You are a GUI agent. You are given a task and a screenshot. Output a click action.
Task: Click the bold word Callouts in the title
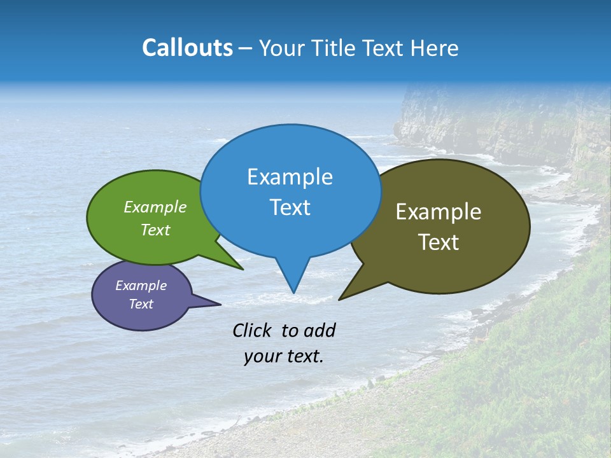187,48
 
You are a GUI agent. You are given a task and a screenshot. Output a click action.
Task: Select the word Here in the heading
435,48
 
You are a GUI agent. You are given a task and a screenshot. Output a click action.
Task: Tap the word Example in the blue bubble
290,177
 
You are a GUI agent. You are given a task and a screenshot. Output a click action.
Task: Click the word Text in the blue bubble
290,207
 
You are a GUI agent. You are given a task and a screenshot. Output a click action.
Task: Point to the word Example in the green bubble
155,207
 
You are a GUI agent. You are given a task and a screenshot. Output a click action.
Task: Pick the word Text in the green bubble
155,230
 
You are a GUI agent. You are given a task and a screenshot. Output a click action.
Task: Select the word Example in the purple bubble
141,286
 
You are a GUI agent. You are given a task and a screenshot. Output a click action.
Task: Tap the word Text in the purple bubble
141,304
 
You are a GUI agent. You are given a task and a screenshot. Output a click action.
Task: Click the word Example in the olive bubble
439,212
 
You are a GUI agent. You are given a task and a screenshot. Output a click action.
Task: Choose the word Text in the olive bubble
439,242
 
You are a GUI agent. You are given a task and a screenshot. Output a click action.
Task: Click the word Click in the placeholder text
252,330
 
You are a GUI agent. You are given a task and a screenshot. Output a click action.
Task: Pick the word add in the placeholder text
320,330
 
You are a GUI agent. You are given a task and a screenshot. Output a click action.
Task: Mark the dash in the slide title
246,48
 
